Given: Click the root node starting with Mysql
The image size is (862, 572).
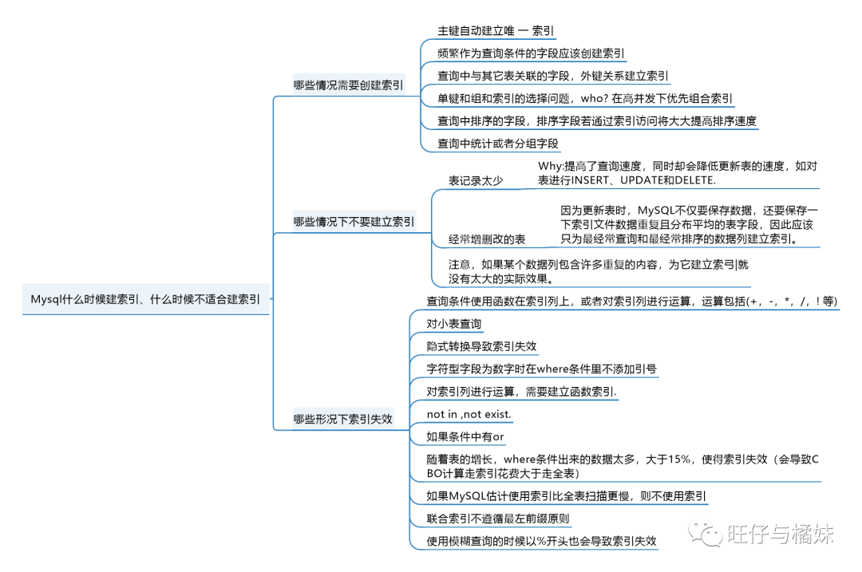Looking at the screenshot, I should tap(145, 300).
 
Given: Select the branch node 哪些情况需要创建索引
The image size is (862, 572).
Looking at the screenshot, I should tap(348, 85).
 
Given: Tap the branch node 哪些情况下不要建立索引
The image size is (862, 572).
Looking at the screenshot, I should tap(354, 222).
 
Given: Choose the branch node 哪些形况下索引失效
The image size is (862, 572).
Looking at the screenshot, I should tap(342, 419).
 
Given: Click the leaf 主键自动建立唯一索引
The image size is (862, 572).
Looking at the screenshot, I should tap(496, 31).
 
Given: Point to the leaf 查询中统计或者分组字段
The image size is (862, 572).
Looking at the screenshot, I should tap(498, 144).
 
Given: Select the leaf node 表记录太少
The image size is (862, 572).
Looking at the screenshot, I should tap(476, 181).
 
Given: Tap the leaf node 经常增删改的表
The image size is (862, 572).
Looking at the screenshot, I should tap(487, 239).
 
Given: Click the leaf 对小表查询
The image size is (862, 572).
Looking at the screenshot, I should tap(454, 324).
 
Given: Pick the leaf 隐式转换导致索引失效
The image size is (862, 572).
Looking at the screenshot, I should tap(481, 346).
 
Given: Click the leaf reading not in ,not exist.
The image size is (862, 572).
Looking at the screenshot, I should tap(469, 415).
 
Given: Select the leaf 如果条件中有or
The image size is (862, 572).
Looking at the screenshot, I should tap(465, 437).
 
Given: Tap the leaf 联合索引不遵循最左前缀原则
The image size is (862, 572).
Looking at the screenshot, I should tap(498, 519).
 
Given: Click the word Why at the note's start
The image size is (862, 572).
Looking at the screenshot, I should tap(550, 166).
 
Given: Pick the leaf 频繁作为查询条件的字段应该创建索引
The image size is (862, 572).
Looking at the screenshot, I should tap(531, 54).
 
